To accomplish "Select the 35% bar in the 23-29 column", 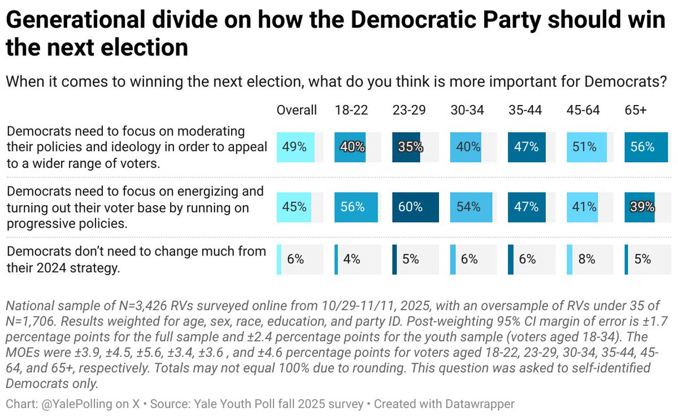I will pos(407,147).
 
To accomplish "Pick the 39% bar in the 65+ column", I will pos(640,207).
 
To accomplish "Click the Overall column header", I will pos(297,110).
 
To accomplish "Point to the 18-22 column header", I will pos(351,110).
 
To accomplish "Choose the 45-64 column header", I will pos(583,110).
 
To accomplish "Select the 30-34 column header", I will pos(467,110).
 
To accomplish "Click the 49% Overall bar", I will pos(294,147).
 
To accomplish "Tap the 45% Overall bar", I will pos(294,207).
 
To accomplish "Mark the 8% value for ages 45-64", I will pos(587,259).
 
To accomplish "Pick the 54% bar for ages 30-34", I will pos(467,207).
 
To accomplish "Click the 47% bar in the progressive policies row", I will pos(526,207).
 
